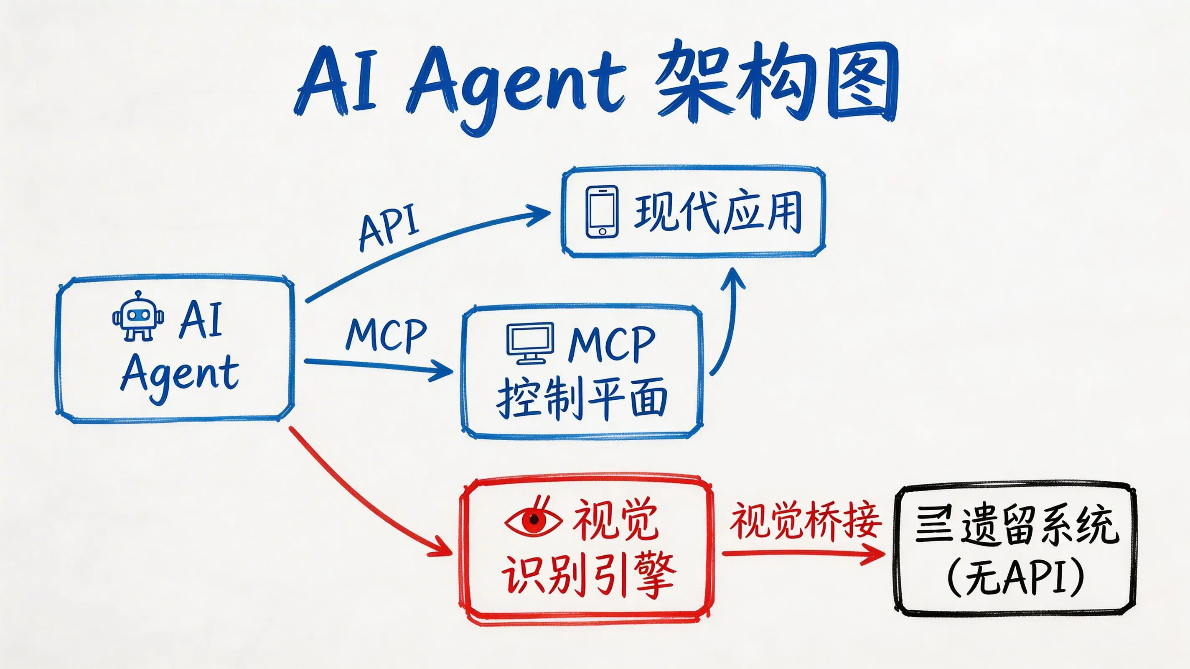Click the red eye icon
click(534, 517)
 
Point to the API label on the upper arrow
click(389, 226)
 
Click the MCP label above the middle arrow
click(386, 334)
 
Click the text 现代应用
click(718, 213)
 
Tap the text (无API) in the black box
click(1015, 577)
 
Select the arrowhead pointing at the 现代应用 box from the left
click(538, 213)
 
